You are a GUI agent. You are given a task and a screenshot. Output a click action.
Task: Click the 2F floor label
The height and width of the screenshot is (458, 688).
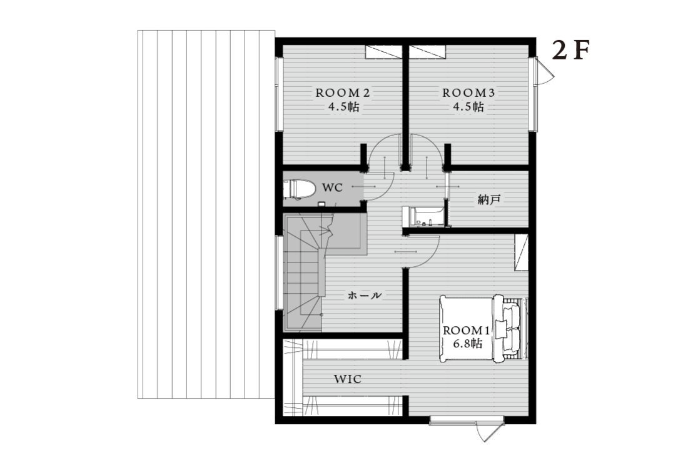coord(570,51)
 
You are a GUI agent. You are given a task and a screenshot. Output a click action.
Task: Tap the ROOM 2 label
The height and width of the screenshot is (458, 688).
coord(343,93)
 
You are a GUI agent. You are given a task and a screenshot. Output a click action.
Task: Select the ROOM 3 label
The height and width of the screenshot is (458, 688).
coord(468,93)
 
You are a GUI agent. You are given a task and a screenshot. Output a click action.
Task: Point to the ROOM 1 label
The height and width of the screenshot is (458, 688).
coord(466,331)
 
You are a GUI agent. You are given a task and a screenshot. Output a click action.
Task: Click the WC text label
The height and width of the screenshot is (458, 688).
coord(332,188)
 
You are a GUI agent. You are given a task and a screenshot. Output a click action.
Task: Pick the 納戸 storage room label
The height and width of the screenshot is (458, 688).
coord(489,200)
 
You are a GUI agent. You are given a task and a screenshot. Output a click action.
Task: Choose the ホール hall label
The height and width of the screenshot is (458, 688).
coord(365,296)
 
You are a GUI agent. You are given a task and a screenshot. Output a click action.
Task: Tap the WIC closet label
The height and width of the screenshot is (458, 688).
coord(348,379)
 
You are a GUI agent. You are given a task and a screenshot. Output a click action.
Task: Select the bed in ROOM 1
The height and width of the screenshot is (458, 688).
coord(483,329)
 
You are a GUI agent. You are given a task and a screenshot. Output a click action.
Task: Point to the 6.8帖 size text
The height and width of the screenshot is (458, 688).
coord(467,344)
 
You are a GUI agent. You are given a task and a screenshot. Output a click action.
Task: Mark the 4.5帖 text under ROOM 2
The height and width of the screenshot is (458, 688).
coord(343,106)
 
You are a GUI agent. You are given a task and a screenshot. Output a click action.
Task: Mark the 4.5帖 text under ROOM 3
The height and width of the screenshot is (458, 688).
coord(468,106)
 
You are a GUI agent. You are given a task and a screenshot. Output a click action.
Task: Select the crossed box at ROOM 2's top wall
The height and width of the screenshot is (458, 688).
coord(383,52)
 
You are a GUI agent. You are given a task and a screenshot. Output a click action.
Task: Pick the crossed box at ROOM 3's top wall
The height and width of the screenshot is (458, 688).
coord(428,52)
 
